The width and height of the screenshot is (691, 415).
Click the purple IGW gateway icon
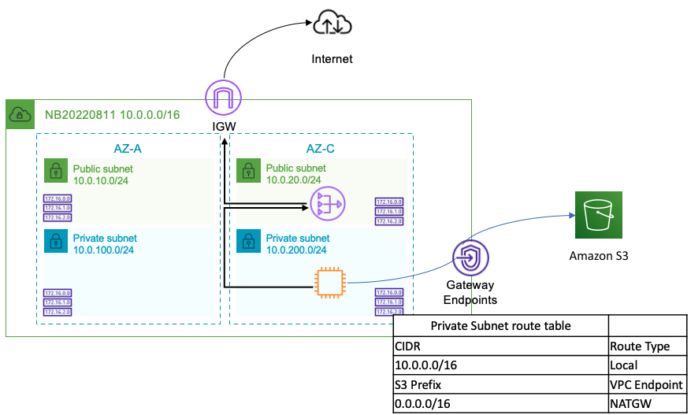point(223,98)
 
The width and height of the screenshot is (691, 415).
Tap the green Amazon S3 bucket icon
point(598,214)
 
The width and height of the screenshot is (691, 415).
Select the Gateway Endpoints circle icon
point(470,258)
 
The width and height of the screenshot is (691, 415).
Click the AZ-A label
point(127,149)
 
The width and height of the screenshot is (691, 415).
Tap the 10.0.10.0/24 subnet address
point(102,180)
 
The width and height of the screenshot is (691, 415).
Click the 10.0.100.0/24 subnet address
point(105,250)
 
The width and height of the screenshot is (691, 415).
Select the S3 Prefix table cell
point(418,385)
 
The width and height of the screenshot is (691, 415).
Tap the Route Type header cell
point(640,346)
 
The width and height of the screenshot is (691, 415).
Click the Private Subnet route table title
point(500,326)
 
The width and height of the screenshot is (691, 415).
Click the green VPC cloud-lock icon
point(19,115)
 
